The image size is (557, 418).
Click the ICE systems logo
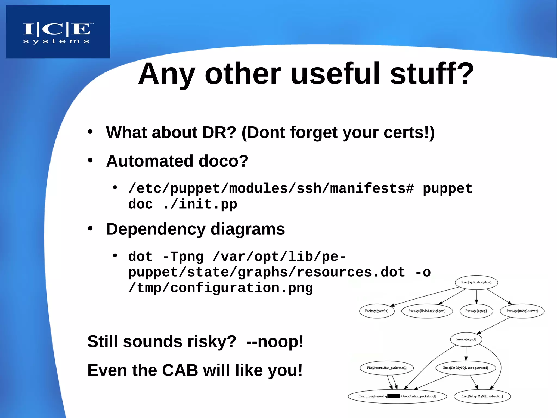pos(58,32)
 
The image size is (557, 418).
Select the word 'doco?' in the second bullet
pos(223,161)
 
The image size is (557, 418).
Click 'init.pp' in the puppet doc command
pos(208,204)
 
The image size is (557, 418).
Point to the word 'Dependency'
pos(156,229)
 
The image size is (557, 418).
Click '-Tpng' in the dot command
pos(183,257)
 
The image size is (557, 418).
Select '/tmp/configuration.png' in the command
pos(221,288)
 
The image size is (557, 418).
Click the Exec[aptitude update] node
pos(476,282)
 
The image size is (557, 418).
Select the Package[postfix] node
pos(377,311)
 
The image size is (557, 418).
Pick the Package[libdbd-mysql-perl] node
pos(427,311)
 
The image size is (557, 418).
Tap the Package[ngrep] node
pos(476,311)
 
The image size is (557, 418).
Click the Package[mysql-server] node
pos(522,311)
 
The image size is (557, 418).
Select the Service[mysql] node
pos(466,339)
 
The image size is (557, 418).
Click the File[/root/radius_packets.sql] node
pos(386,368)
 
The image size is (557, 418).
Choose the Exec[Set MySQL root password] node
pos(465,368)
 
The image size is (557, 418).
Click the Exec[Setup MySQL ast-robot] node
pos(482,396)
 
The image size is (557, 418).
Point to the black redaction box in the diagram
pos(394,396)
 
